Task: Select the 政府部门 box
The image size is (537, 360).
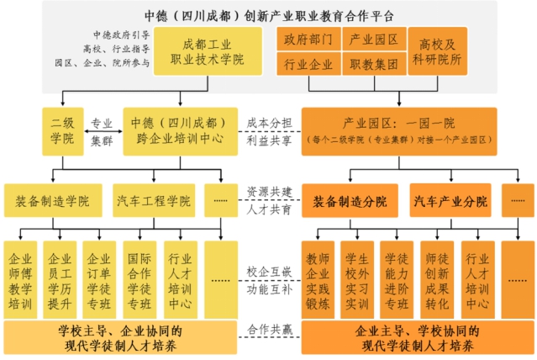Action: (x=308, y=40)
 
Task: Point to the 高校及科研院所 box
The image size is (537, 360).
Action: (x=437, y=51)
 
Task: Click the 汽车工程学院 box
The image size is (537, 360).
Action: (x=153, y=202)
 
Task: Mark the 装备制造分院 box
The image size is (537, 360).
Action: (x=350, y=202)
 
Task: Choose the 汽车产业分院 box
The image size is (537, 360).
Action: (x=450, y=202)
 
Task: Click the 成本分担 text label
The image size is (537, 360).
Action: (x=270, y=123)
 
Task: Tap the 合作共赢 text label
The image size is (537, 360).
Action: (x=270, y=331)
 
